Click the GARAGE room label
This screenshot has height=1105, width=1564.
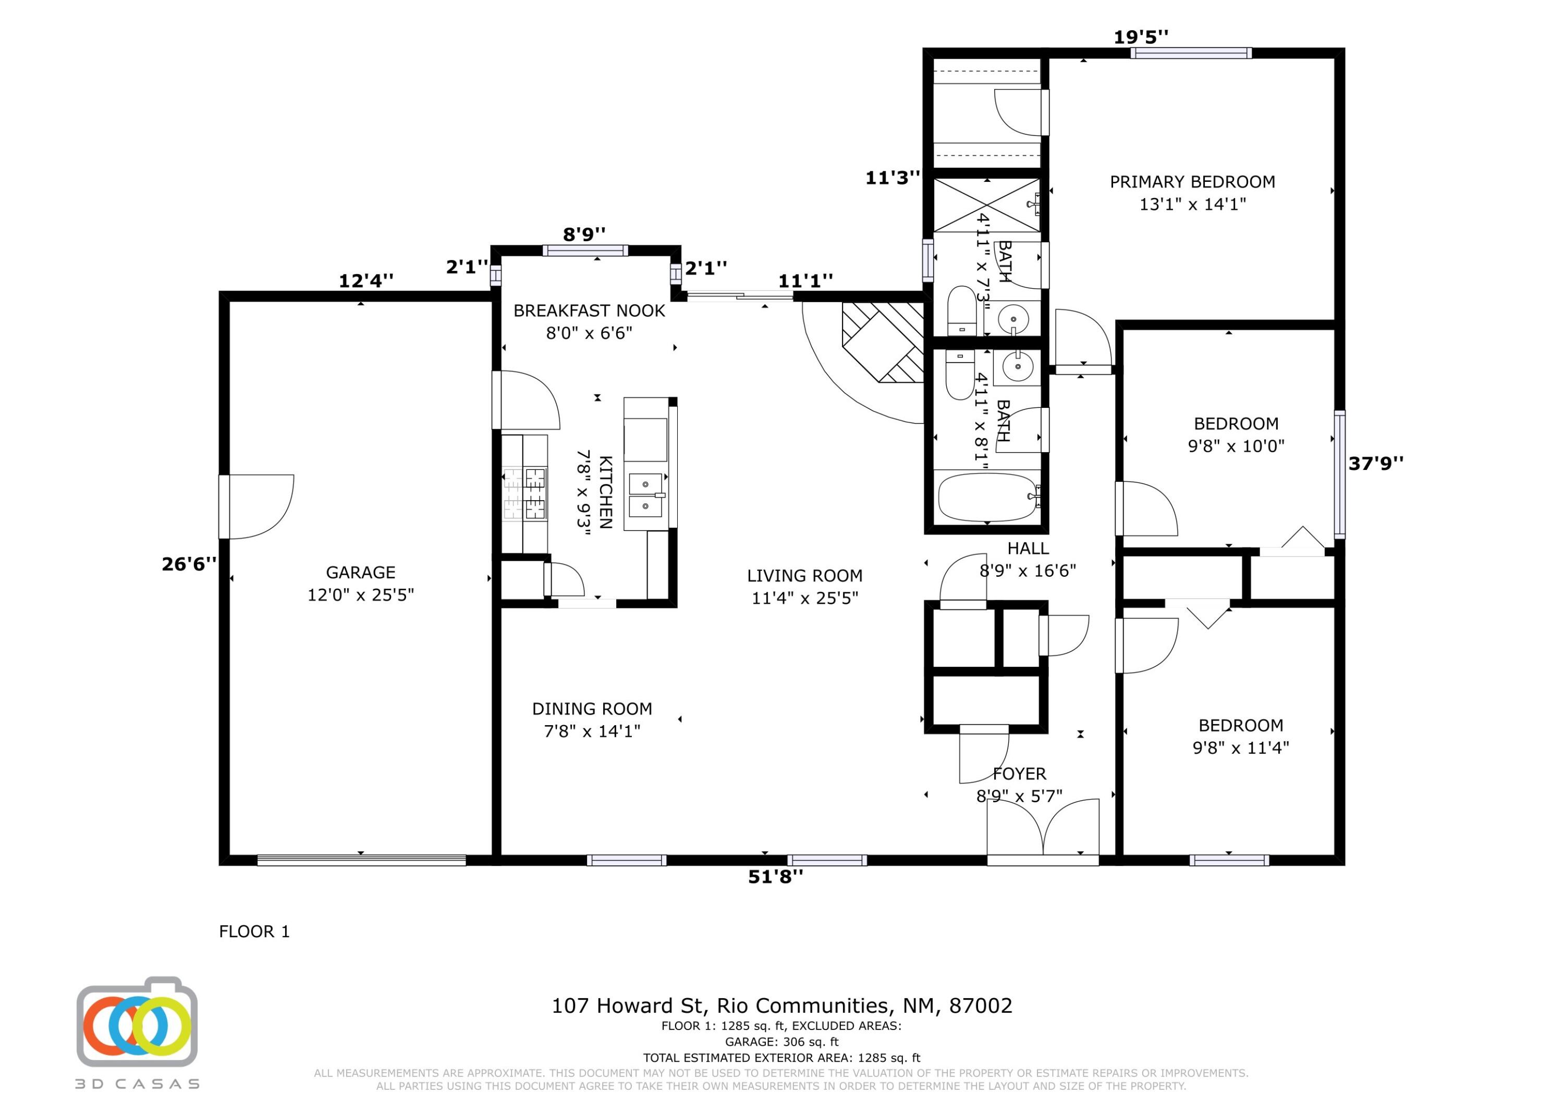pos(360,573)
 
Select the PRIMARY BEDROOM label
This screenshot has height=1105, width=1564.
pos(1193,182)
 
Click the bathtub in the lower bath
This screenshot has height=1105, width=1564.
pos(988,497)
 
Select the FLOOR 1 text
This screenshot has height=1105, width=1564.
pos(254,932)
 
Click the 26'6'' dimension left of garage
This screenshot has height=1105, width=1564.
pos(189,564)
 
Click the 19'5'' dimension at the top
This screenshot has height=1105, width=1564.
pos(1141,37)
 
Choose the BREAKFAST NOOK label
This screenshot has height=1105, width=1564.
pos(589,311)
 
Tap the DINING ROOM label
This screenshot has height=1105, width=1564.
pos(592,709)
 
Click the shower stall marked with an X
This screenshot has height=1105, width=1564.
pos(986,205)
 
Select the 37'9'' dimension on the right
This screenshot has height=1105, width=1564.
pos(1376,463)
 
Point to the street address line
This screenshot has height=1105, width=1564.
pos(782,1005)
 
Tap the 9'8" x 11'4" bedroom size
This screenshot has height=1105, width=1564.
pos(1240,748)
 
